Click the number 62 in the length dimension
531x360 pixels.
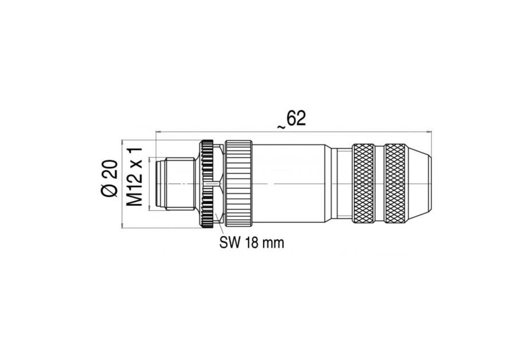(296, 119)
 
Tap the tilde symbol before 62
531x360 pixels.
(281, 127)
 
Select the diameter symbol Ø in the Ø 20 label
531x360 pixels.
(110, 190)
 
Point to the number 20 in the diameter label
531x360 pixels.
(110, 169)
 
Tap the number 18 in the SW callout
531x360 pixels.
(251, 242)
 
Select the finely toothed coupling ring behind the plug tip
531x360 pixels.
(207, 184)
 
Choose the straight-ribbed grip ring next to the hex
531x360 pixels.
(238, 184)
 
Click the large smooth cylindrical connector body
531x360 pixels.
(289, 184)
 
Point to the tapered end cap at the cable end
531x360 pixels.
(419, 183)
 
